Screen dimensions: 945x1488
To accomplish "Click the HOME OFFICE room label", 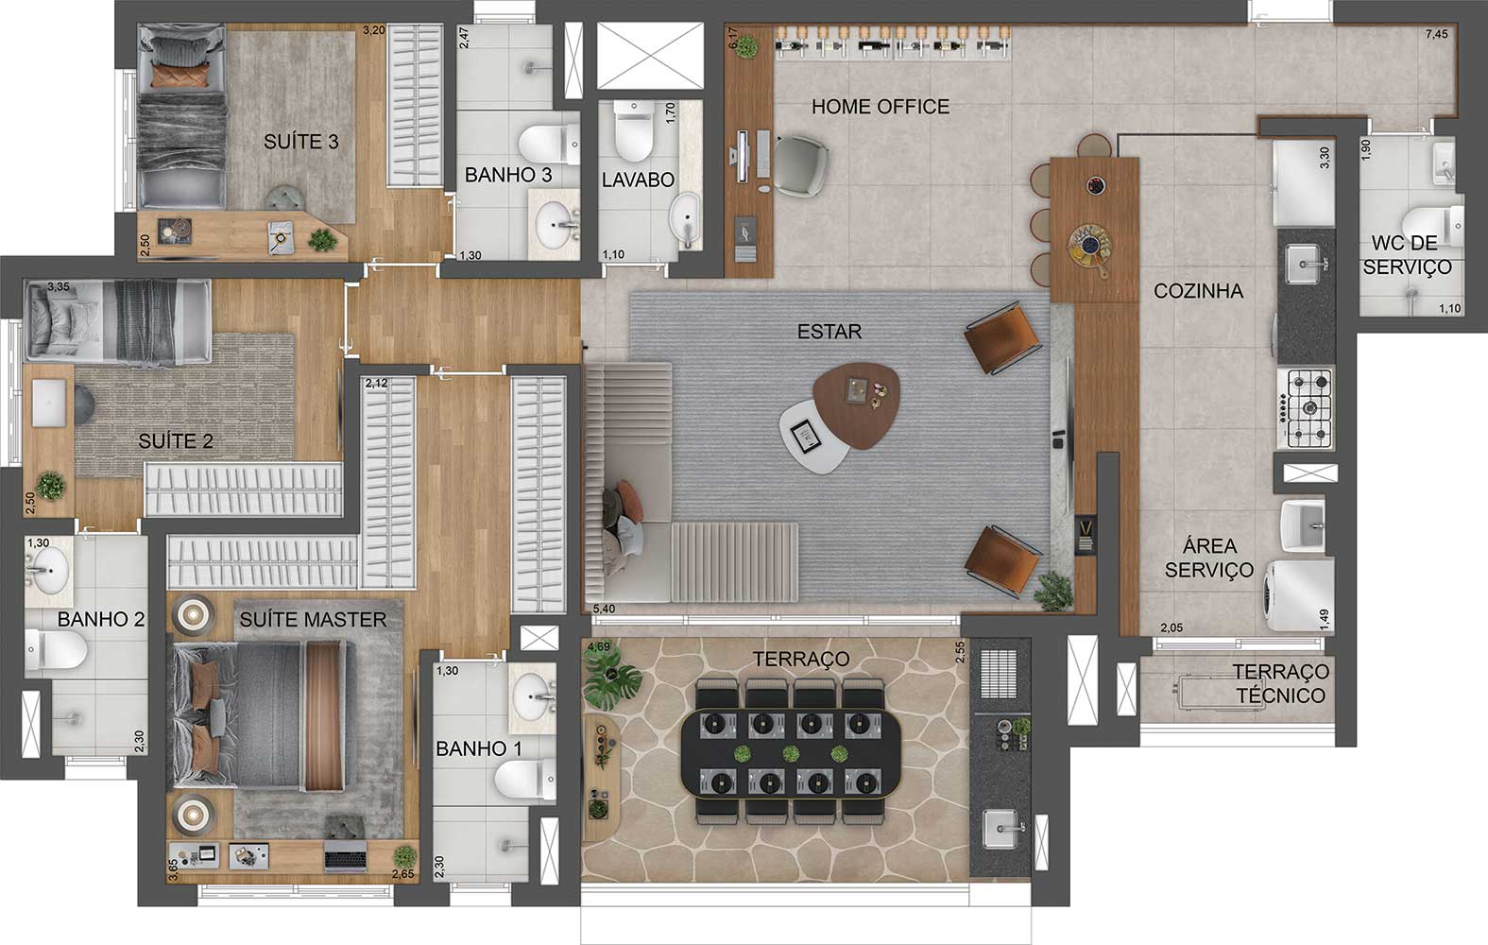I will click(x=880, y=107).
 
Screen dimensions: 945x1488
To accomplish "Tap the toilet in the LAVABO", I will click(x=633, y=131).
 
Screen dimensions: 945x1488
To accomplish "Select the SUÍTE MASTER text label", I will click(x=313, y=620).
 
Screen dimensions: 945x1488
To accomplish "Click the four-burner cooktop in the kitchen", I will click(x=1307, y=408).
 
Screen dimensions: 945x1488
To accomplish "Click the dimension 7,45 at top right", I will click(x=1436, y=34).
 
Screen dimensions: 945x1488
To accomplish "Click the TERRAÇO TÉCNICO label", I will click(x=1281, y=683).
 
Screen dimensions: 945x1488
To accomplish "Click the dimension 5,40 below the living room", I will click(x=604, y=610).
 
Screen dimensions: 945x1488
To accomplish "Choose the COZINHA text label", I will click(x=1198, y=291).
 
